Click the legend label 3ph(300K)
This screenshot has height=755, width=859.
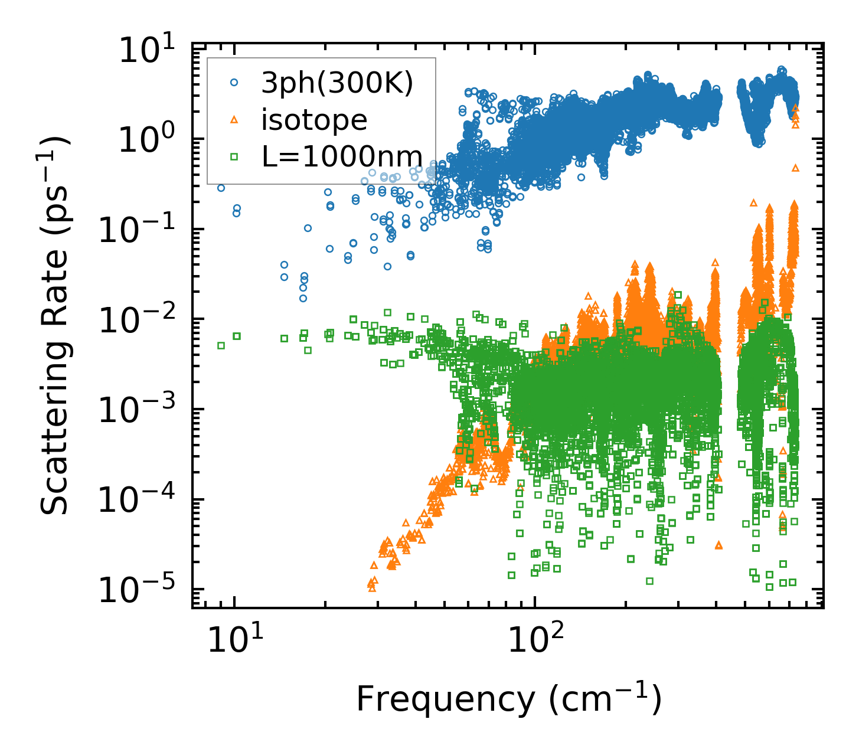pyautogui.click(x=337, y=84)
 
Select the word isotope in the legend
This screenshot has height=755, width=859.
pyautogui.click(x=314, y=120)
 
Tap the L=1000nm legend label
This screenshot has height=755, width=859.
pyautogui.click(x=342, y=156)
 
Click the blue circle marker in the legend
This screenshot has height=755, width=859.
pyautogui.click(x=234, y=84)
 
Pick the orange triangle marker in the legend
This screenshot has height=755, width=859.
pyautogui.click(x=234, y=120)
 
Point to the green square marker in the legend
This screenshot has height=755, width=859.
pyautogui.click(x=234, y=156)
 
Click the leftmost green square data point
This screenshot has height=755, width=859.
pyautogui.click(x=221, y=345)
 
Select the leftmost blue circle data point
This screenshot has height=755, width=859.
pyautogui.click(x=221, y=188)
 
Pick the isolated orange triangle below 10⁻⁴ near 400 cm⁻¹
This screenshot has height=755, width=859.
pyautogui.click(x=718, y=545)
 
